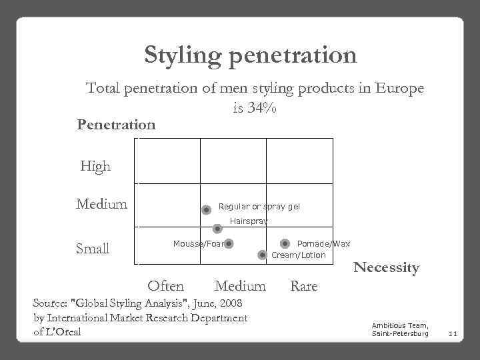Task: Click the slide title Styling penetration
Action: (x=251, y=55)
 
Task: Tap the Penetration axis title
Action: (x=116, y=125)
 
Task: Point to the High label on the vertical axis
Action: (x=95, y=167)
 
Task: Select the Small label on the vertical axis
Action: (x=93, y=249)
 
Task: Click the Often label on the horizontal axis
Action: (x=165, y=286)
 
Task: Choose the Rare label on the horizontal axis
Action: (x=304, y=286)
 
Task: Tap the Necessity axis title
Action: (x=386, y=268)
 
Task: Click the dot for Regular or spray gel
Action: (x=207, y=209)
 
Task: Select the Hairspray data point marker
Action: (x=217, y=229)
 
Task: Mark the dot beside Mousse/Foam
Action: (x=229, y=244)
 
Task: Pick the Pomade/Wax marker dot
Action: (x=285, y=244)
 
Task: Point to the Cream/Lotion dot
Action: (x=262, y=255)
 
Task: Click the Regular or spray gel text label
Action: (x=259, y=207)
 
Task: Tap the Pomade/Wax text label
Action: (x=323, y=244)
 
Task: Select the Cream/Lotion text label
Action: (x=298, y=255)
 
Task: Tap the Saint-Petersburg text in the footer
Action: (x=400, y=333)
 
